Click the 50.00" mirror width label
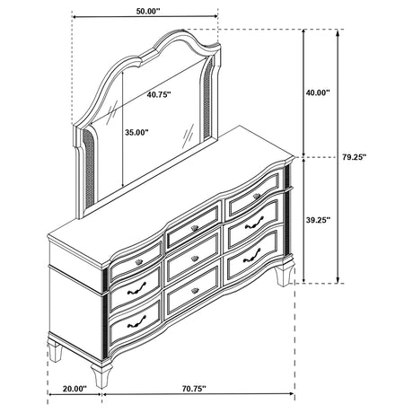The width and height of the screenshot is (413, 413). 148,12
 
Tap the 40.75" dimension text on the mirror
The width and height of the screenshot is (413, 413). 159,94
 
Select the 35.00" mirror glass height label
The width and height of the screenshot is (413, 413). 136,132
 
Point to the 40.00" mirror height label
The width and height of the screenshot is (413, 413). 318,92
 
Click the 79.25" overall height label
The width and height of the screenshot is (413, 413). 355,157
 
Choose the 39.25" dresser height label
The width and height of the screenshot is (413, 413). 318,220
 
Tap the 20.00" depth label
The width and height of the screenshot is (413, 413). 75,389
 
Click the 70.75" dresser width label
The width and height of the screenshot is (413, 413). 194,389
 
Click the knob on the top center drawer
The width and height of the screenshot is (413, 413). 195,228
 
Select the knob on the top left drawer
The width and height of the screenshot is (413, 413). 139,262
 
